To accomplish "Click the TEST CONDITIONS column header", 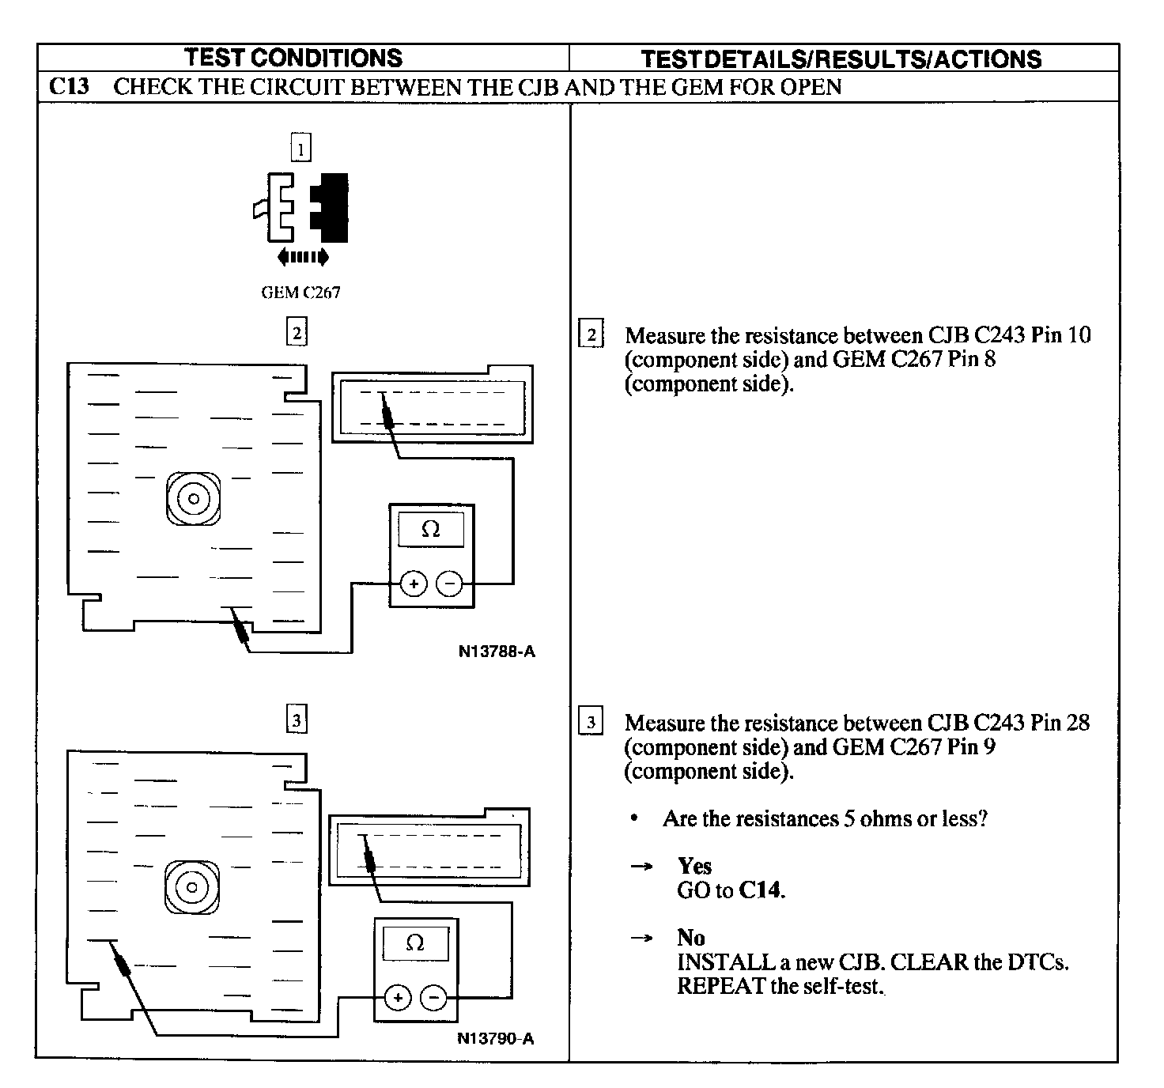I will (293, 58).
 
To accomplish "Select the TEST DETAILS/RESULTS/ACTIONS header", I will (841, 59).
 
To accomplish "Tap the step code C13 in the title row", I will (70, 86).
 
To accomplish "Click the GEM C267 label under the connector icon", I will (300, 293).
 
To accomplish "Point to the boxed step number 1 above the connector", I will (301, 149).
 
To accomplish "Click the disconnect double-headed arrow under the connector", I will (303, 256).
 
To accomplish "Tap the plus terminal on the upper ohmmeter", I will (414, 584).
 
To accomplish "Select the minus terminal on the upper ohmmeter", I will (449, 584).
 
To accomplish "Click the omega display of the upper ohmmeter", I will (431, 529).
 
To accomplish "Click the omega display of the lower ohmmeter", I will (415, 943).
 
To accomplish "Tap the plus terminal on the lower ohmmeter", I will (398, 998).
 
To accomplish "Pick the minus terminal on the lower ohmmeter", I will (433, 998).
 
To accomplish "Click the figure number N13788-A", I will (497, 652).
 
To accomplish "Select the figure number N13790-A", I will (496, 1038).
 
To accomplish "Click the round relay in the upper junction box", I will (194, 499).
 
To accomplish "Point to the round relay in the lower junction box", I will (192, 886).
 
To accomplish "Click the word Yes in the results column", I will (694, 866).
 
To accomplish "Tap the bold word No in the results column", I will (690, 938).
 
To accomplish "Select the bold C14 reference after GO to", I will (761, 890).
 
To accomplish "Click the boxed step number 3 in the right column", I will (591, 722).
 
